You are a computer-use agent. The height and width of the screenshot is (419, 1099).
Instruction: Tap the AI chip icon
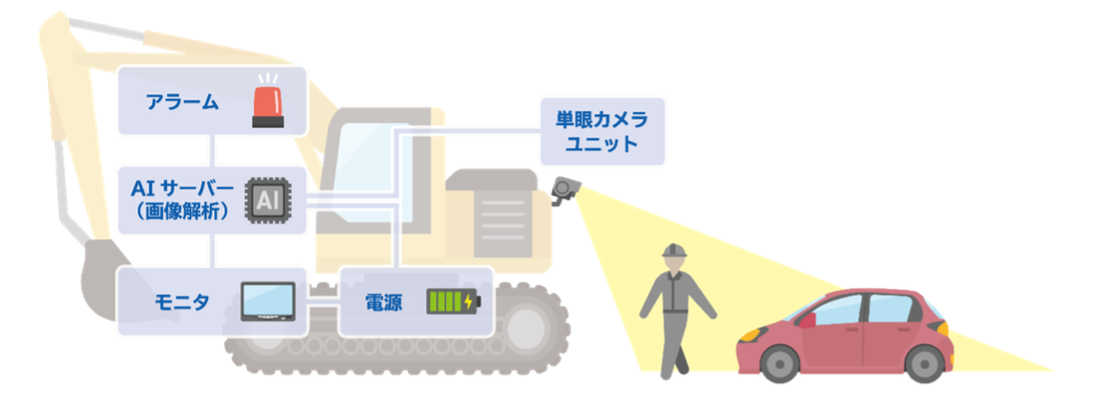click(263, 197)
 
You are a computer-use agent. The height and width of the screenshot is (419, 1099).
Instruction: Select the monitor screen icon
click(267, 301)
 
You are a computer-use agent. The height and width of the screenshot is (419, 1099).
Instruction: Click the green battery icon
click(454, 301)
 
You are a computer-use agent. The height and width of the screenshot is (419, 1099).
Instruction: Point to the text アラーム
click(182, 102)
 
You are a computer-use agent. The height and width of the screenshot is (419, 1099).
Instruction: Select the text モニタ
click(182, 302)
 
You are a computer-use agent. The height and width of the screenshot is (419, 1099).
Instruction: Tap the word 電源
click(383, 302)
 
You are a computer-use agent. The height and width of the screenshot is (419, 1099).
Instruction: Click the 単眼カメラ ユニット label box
click(602, 131)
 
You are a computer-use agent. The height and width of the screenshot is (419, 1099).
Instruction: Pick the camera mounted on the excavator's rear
click(563, 189)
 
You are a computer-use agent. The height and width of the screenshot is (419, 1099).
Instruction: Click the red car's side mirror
click(807, 320)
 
